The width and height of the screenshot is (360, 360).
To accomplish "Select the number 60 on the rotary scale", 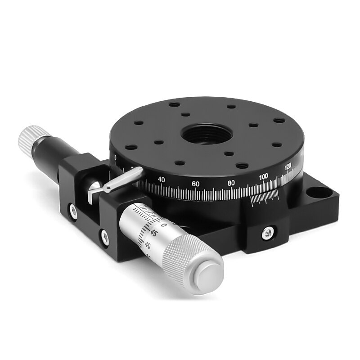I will coord(195,184).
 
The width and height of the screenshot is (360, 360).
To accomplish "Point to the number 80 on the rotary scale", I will coord(231,183).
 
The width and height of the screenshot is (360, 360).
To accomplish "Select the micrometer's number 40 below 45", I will coord(148,245).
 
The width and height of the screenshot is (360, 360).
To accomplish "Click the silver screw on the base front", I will coord(267,232).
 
